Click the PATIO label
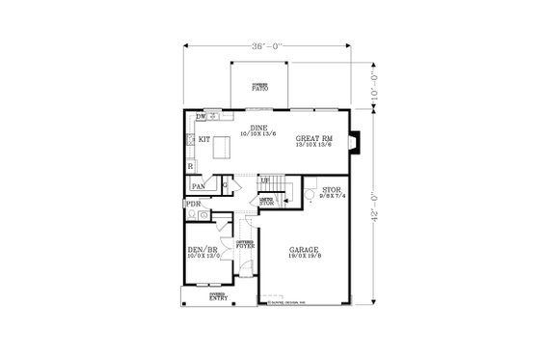[x=261, y=88]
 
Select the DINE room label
[x=257, y=127]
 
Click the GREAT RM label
[x=314, y=139]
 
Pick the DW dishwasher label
[x=201, y=117]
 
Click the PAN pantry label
[x=199, y=186]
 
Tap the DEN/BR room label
[x=202, y=249]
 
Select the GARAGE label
[x=305, y=250]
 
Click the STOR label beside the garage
[x=333, y=190]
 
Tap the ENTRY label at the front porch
[x=219, y=298]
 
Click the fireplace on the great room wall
[x=354, y=141]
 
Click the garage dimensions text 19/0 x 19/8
[x=305, y=257]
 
